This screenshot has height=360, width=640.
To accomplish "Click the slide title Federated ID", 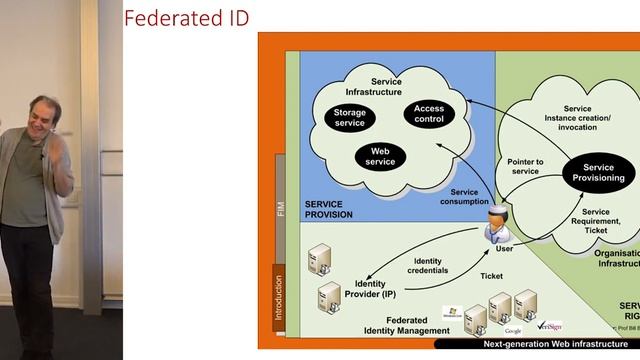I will [186, 18].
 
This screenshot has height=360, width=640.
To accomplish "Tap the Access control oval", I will [429, 114].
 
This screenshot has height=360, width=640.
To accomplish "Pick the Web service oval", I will [381, 156].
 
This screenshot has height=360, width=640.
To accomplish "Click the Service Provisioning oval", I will [598, 172].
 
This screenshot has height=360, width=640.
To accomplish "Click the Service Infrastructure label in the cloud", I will [386, 86].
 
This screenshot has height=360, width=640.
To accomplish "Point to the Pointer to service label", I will [525, 166].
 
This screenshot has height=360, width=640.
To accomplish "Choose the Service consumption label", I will [464, 197].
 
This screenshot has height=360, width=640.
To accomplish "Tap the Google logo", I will [513, 330].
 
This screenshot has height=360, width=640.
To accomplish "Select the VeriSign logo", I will [550, 326].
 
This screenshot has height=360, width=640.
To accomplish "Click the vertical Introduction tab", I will [279, 298].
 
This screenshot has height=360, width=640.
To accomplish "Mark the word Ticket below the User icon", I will [492, 276].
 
